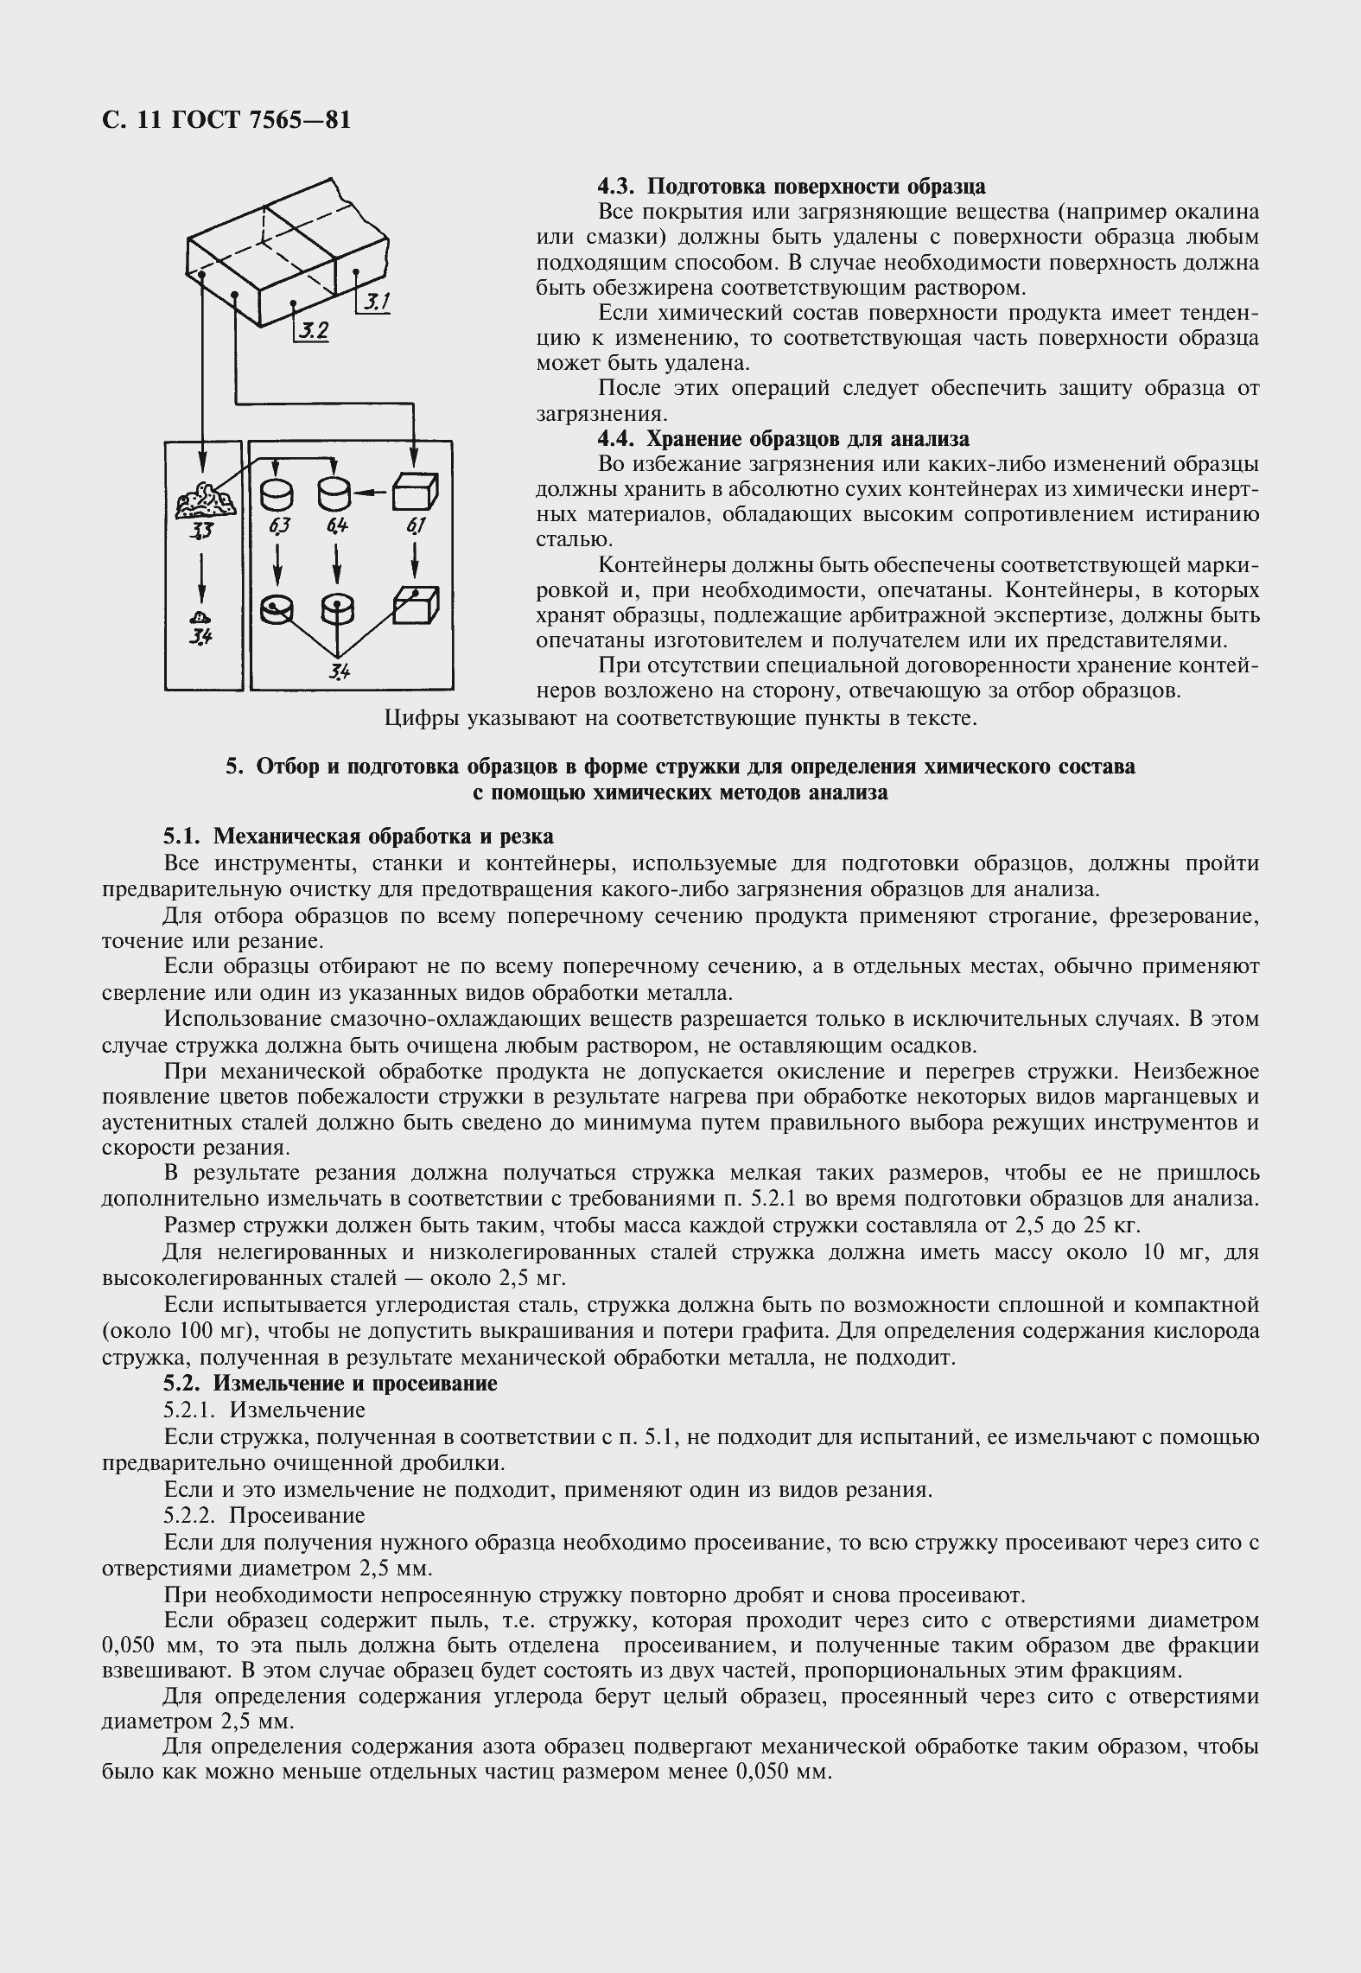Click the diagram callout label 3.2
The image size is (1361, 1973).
[x=312, y=330]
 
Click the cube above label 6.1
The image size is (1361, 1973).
[x=416, y=493]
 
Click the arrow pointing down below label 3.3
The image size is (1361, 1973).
[x=201, y=574]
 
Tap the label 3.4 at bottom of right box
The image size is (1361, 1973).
[x=338, y=671]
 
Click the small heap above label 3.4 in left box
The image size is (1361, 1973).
[x=200, y=617]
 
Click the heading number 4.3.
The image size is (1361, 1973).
[x=617, y=187]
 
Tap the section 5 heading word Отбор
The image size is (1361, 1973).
[x=287, y=767]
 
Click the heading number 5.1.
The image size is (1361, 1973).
[x=183, y=836]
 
